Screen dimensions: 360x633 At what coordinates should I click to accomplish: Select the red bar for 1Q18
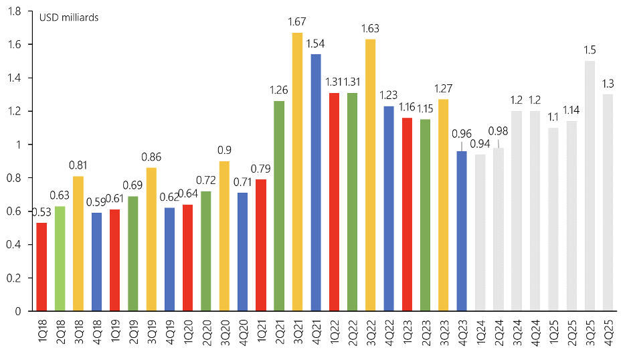click(x=42, y=267)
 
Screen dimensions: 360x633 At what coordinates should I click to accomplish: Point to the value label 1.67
click(x=297, y=23)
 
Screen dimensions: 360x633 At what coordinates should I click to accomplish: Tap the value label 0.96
click(x=461, y=133)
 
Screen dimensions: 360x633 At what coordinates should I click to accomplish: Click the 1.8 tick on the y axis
click(x=14, y=11)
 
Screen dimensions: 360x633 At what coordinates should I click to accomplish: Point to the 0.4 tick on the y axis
click(x=14, y=245)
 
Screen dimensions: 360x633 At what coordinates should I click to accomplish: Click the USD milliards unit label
click(x=69, y=17)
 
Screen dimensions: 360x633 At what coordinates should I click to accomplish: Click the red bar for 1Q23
click(x=407, y=214)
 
